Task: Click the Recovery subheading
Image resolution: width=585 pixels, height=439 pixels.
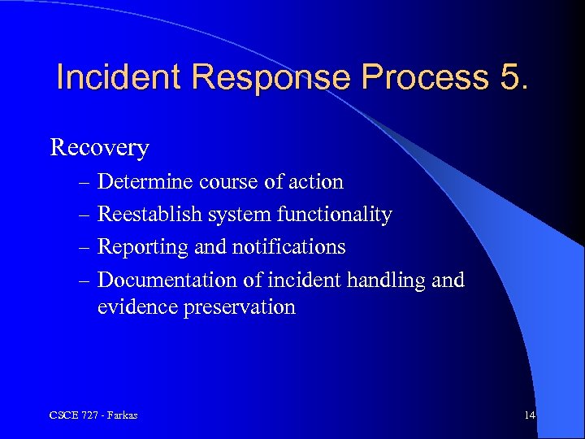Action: tap(99, 148)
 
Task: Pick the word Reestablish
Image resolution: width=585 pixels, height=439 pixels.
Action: tap(149, 215)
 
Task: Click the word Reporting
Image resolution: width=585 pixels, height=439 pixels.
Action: tap(138, 246)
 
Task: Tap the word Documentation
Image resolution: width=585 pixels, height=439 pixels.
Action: tap(167, 280)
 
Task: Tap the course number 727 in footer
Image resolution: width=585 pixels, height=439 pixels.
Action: tap(87, 415)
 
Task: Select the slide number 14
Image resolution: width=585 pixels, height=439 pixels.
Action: tap(530, 415)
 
